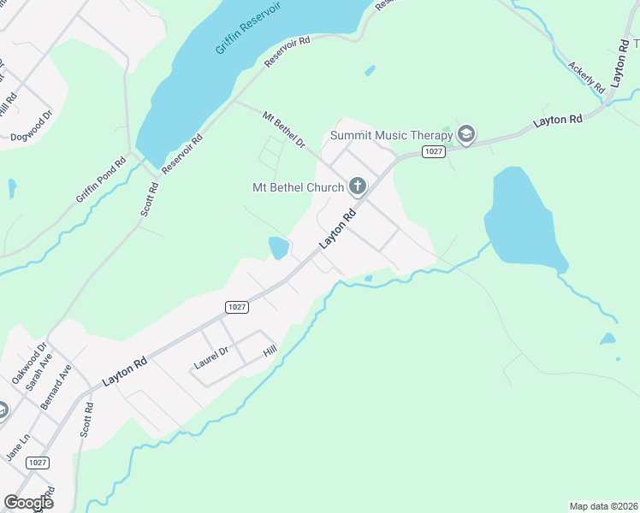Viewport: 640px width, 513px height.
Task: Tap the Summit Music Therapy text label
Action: pyautogui.click(x=391, y=135)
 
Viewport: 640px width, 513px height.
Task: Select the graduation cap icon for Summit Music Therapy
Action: pyautogui.click(x=466, y=134)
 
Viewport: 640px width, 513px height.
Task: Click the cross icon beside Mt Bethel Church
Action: pyautogui.click(x=357, y=186)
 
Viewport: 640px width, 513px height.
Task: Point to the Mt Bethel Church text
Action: pyautogui.click(x=297, y=187)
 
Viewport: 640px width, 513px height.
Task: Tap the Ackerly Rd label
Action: pyautogui.click(x=586, y=76)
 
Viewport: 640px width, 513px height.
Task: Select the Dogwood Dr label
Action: pyautogui.click(x=32, y=136)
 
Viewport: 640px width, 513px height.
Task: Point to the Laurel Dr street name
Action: pyautogui.click(x=211, y=357)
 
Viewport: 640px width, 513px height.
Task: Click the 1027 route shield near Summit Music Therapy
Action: pyautogui.click(x=434, y=151)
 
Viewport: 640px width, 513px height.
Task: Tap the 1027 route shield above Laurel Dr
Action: pyautogui.click(x=237, y=306)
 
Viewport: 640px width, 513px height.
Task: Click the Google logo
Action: pyautogui.click(x=28, y=503)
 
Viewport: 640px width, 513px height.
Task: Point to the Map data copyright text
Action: pyautogui.click(x=603, y=505)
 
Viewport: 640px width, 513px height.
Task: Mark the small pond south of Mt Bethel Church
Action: pyautogui.click(x=279, y=248)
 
